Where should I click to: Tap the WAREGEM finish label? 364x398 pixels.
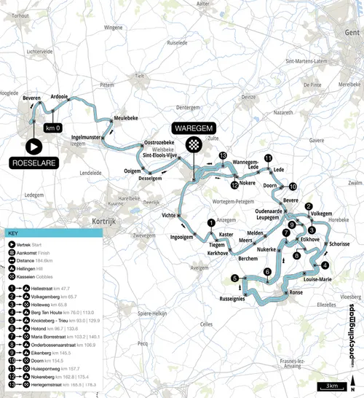coord(194,125)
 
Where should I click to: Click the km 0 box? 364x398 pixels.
coord(52,128)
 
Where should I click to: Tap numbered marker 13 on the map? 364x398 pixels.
coord(223,156)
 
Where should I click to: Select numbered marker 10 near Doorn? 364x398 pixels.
coord(293,186)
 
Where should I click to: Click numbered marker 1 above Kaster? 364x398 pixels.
coord(211,223)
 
